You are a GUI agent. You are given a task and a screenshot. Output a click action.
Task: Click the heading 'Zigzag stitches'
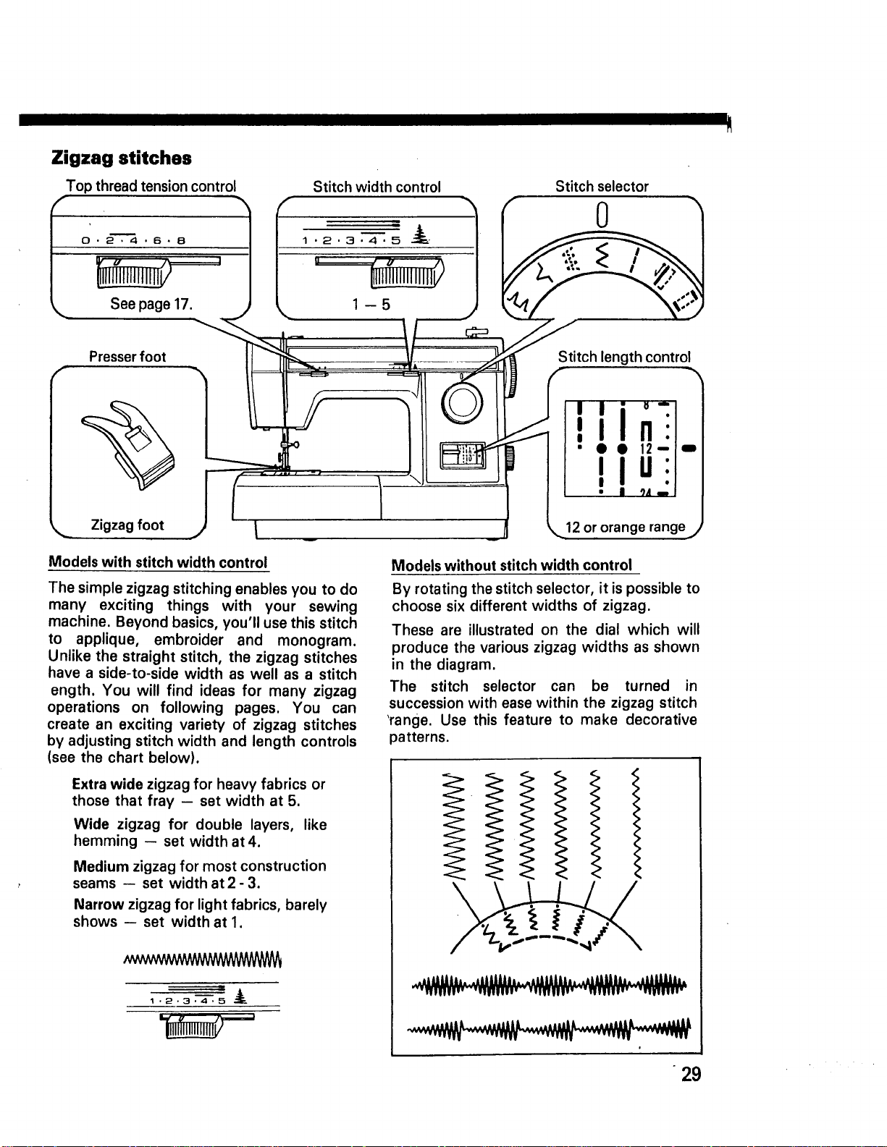121,158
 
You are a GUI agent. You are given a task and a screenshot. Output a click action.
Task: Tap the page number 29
691,1074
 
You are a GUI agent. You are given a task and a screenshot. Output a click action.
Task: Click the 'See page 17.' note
151,304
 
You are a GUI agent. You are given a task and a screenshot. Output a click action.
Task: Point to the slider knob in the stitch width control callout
407,273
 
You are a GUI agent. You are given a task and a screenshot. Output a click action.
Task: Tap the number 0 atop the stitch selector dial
602,215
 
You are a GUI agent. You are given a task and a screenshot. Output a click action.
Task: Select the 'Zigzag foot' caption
127,525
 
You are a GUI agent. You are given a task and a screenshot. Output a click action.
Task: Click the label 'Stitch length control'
624,357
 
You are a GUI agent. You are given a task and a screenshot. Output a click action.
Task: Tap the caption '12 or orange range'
625,528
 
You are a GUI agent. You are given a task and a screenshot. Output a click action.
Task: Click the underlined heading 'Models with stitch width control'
158,563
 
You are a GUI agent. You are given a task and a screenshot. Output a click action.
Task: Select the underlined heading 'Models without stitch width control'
512,565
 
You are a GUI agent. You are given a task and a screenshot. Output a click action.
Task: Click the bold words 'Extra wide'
108,784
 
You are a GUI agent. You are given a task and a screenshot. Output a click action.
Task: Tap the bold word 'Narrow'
99,905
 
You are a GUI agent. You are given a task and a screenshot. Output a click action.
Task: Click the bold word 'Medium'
101,866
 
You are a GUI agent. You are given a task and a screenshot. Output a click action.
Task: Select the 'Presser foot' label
127,357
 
